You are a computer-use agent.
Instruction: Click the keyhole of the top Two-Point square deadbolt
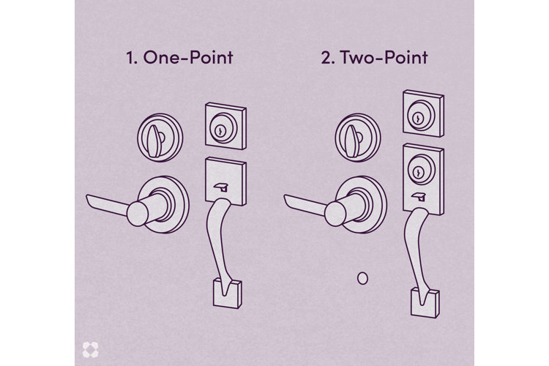point(417,117)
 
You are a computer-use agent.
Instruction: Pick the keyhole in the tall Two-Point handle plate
point(418,168)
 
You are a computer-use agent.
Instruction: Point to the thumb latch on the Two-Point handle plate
point(420,195)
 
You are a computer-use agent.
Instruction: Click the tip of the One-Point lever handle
point(89,198)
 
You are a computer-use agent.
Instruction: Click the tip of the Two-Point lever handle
point(287,198)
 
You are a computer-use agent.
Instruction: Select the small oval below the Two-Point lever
point(362,277)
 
